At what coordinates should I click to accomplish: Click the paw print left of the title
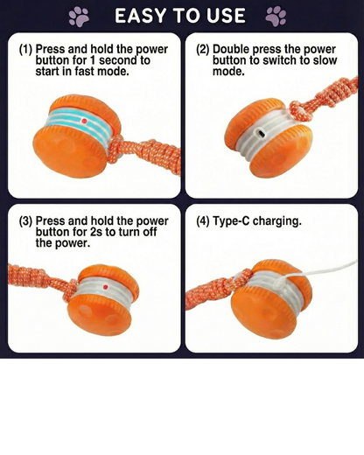coord(79,16)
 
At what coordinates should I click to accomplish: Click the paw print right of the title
coord(276,16)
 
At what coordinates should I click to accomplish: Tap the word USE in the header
coord(225,16)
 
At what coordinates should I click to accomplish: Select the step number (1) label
coord(26,51)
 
